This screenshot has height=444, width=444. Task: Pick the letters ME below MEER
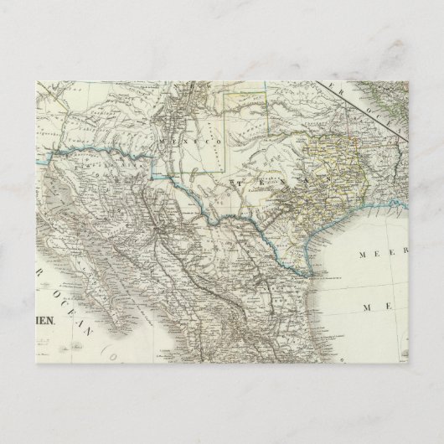(x=372, y=307)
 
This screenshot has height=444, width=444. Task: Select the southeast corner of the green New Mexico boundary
(x=225, y=173)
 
